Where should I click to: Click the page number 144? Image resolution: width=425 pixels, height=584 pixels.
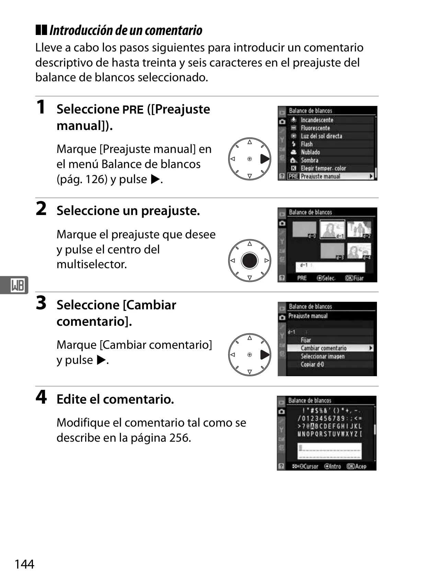tap(24, 564)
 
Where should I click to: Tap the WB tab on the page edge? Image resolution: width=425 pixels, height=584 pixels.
tap(14, 285)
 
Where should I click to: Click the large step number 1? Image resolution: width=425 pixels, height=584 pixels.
tap(41, 107)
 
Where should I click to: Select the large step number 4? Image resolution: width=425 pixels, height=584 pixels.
tap(41, 397)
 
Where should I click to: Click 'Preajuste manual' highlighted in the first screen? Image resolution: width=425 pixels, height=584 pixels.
tap(320, 177)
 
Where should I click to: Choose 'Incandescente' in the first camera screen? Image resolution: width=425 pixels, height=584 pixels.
tap(317, 120)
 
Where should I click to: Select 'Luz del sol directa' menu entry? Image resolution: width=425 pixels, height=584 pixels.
tap(321, 136)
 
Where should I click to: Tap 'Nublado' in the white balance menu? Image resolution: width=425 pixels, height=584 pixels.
tap(310, 152)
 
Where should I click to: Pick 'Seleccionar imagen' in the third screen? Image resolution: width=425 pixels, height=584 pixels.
tap(323, 356)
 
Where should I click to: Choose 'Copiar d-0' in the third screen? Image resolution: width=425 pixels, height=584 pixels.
tap(312, 365)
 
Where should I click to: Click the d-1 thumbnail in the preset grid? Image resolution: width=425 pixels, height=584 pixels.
tap(333, 229)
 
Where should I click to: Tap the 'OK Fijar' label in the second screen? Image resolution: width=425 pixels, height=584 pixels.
tap(354, 278)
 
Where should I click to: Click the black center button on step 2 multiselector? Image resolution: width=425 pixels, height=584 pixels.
tap(250, 261)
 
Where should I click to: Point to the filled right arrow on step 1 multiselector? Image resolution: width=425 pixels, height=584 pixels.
tap(265, 159)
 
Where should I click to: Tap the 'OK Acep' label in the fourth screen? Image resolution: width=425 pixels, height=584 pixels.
tap(356, 466)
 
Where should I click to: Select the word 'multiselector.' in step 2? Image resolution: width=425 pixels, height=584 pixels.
tap(92, 264)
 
